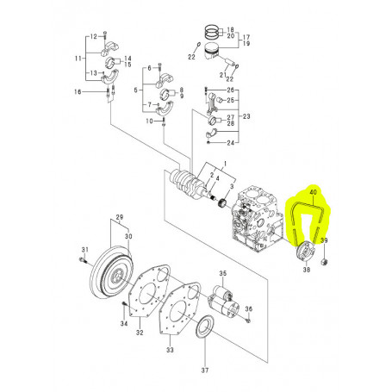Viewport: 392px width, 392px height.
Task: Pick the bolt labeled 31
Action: [x=84, y=258]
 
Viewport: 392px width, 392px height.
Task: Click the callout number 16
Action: [x=78, y=90]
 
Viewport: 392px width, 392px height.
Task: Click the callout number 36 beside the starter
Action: [x=249, y=308]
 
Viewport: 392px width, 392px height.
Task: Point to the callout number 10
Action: [x=149, y=121]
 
